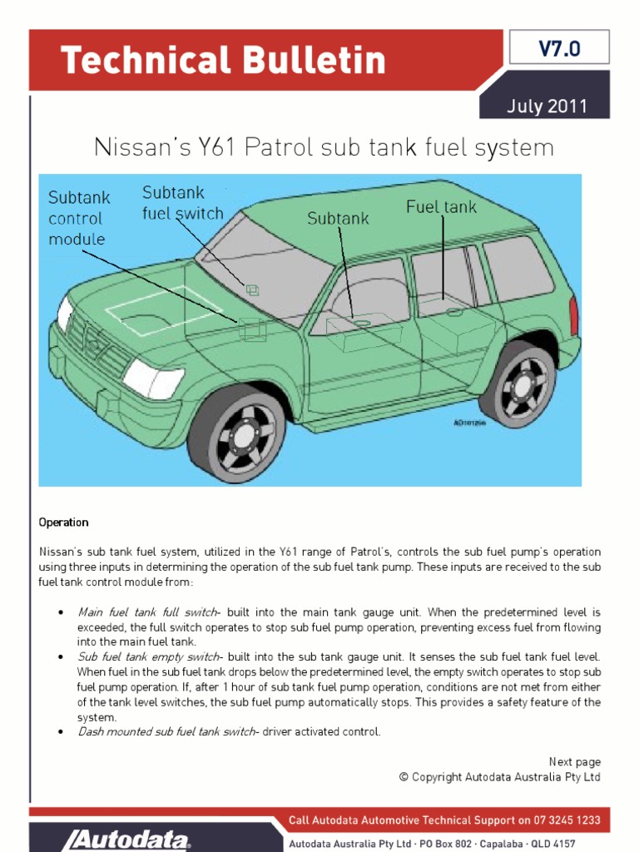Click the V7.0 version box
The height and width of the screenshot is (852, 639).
(x=558, y=49)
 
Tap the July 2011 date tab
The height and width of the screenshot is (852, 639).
(x=547, y=106)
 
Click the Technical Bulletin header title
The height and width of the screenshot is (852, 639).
(x=223, y=61)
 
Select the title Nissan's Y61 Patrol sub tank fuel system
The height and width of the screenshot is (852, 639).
(x=323, y=148)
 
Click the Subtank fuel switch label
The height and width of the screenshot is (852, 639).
(x=183, y=203)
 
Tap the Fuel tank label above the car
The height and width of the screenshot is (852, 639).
(x=441, y=206)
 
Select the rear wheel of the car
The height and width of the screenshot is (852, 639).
(x=519, y=384)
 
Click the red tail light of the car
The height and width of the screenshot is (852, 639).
(x=573, y=315)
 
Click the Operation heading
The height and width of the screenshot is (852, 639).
(x=63, y=523)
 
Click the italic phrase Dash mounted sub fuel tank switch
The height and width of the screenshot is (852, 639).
(x=166, y=731)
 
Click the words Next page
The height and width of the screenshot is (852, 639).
(x=574, y=761)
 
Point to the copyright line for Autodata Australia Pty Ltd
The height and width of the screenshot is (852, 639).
(x=499, y=776)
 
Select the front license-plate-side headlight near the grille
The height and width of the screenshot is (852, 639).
(x=152, y=380)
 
